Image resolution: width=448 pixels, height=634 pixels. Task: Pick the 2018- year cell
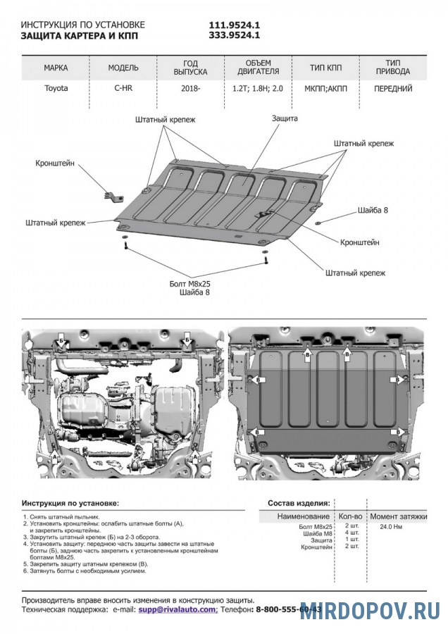point(190,89)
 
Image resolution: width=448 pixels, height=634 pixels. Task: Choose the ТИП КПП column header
point(325,68)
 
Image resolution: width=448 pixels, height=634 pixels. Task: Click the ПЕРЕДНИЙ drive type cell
point(393,89)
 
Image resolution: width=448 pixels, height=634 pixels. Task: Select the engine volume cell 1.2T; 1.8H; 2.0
point(258,89)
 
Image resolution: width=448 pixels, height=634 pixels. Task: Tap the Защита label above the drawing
point(285,118)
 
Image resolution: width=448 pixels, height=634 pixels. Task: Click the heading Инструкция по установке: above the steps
point(70,504)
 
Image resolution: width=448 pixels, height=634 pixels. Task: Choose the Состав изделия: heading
point(299,504)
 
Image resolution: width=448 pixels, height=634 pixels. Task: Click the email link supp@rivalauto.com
point(178,609)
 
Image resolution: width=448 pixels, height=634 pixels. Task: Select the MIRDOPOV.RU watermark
point(370,610)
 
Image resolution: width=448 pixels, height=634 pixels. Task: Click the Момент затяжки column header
point(399,516)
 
